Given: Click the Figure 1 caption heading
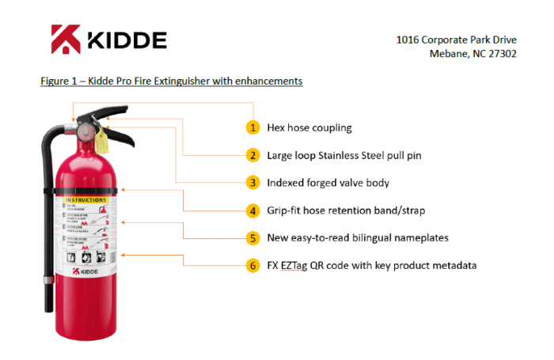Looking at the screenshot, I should click(x=172, y=81).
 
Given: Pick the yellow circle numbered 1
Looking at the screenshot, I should click(x=252, y=127).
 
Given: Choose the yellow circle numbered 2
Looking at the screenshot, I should click(x=252, y=155).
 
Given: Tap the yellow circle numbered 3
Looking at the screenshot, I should click(x=252, y=183).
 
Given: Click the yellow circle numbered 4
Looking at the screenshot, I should click(x=252, y=210).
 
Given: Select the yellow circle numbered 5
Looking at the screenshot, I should click(x=252, y=237).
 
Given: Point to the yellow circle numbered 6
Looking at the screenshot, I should click(x=252, y=265).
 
